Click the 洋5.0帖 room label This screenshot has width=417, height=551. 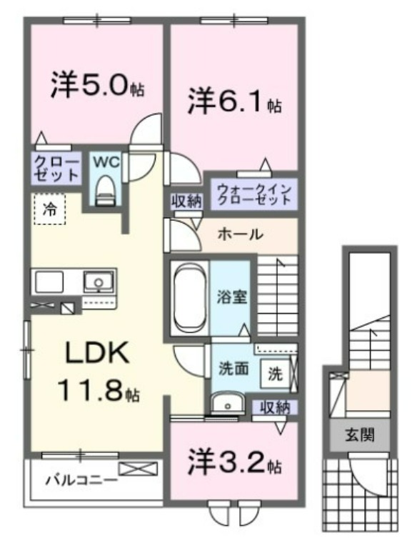97,85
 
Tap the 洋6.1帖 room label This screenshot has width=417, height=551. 234,101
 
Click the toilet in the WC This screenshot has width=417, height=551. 104,190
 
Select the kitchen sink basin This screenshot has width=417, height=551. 99,282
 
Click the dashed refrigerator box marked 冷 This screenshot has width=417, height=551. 50,209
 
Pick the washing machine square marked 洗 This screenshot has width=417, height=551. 276,374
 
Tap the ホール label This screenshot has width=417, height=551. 241,234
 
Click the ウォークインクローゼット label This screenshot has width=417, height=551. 254,194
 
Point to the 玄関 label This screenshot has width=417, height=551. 360,435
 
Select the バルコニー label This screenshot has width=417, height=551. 81,480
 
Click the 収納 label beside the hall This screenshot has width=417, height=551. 187,202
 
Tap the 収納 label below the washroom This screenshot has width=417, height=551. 275,407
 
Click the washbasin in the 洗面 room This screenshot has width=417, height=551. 228,403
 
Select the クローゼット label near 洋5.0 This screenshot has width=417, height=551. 56,169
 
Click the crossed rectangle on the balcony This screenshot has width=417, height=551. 138,469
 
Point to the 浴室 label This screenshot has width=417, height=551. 231,297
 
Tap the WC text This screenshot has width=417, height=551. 106,162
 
